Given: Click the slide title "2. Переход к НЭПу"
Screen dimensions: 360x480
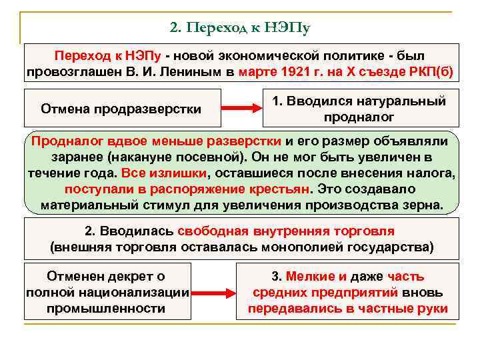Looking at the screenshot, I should [x=241, y=28].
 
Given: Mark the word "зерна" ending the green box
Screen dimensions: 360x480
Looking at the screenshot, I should [x=421, y=204].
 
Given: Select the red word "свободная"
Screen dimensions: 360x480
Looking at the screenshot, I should [x=214, y=231].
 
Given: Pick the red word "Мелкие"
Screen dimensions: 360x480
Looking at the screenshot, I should [x=308, y=276].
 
